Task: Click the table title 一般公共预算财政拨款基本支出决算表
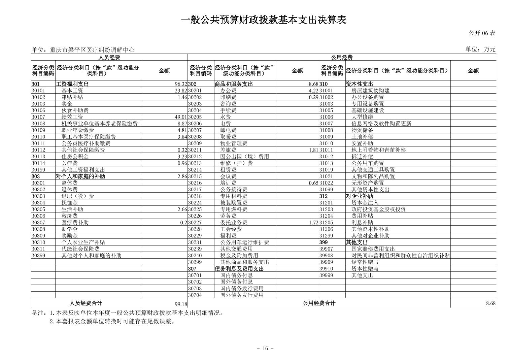(263, 20)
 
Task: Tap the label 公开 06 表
(482, 33)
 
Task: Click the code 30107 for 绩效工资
(38, 117)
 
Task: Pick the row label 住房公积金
(75, 157)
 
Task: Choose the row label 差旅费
(228, 150)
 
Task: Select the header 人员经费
(109, 58)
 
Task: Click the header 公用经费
(342, 58)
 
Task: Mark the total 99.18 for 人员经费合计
(181, 304)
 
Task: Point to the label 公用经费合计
(319, 303)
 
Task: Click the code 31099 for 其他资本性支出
(326, 190)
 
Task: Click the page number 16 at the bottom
(265, 349)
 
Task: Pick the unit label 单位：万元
(480, 49)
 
